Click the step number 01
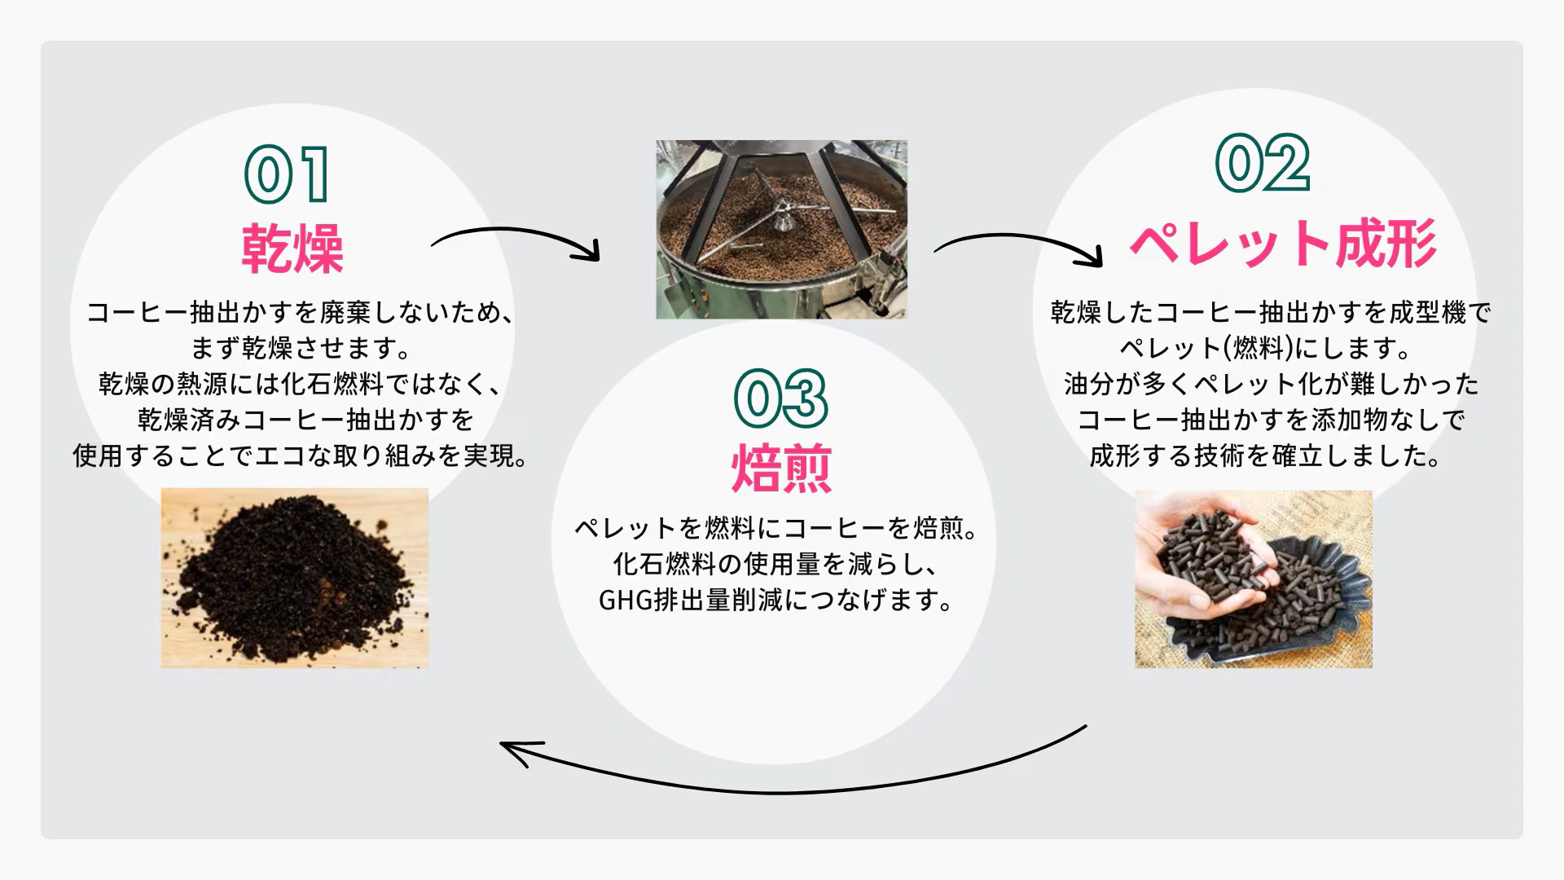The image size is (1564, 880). pyautogui.click(x=287, y=174)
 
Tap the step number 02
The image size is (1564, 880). pyautogui.click(x=1263, y=163)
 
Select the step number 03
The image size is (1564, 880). pyautogui.click(x=781, y=398)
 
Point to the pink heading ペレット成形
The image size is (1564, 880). pyautogui.click(x=1283, y=243)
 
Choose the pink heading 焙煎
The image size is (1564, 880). pyautogui.click(x=781, y=469)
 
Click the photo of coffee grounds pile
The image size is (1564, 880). pyautogui.click(x=295, y=578)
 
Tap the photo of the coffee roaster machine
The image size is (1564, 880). pyautogui.click(x=781, y=229)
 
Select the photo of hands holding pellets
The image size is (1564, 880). pyautogui.click(x=1254, y=579)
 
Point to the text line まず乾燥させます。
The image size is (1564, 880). pyautogui.click(x=301, y=348)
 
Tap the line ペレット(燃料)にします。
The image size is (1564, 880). pyautogui.click(x=1266, y=348)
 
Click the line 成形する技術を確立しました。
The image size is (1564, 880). pyautogui.click(x=1266, y=455)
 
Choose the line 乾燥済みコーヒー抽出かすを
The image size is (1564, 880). pyautogui.click(x=305, y=420)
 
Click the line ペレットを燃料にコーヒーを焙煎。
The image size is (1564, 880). pyautogui.click(x=776, y=528)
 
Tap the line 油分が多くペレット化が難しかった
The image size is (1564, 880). pyautogui.click(x=1271, y=384)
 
